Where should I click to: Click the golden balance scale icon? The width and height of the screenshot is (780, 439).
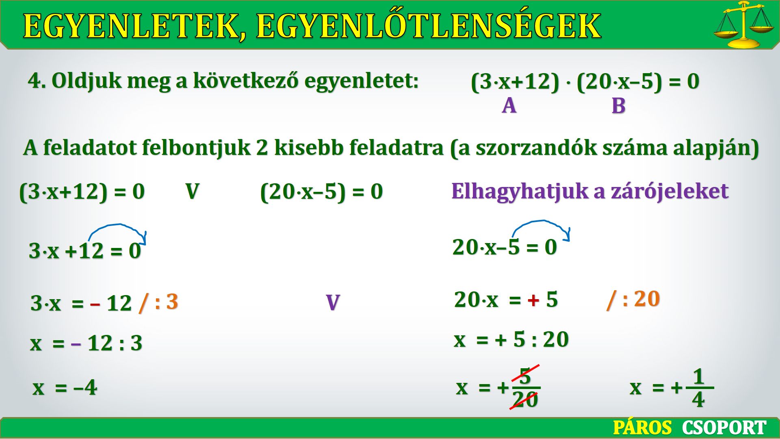tap(743, 24)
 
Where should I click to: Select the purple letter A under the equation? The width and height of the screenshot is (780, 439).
tap(509, 106)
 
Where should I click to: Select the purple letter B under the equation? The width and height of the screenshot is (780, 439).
tap(618, 106)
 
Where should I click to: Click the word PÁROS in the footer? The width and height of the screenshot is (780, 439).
tap(642, 428)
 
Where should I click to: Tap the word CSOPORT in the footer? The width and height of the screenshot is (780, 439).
tap(724, 428)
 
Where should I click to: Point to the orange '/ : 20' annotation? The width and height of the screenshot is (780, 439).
tap(633, 300)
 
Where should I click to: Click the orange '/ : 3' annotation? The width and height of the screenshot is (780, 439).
tap(158, 303)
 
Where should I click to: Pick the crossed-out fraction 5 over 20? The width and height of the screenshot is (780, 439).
tap(525, 387)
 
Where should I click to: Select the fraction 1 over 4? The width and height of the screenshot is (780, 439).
tap(699, 388)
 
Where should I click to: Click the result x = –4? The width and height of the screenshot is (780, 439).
tap(65, 387)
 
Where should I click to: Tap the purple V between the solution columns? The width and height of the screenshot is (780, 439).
tap(333, 302)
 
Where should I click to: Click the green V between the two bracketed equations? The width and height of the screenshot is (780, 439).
tap(192, 191)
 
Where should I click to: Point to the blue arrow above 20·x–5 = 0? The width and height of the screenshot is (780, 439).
tap(542, 221)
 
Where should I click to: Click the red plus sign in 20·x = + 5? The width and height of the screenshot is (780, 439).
tap(533, 300)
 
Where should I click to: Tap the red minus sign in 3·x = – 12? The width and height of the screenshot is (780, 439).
tap(95, 304)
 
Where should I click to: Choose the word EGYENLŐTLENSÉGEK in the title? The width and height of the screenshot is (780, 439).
tap(429, 25)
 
